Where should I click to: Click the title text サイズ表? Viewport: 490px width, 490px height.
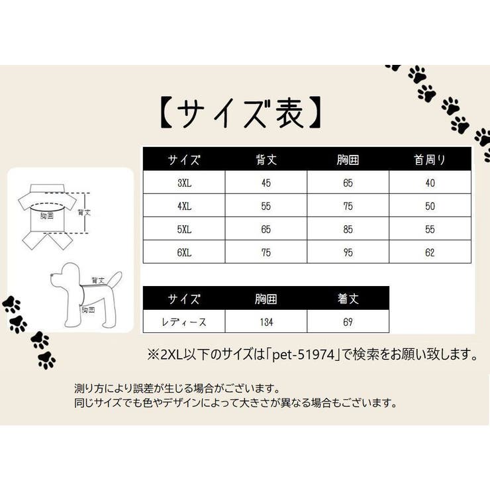(242, 114)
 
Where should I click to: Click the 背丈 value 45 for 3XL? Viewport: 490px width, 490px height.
(266, 183)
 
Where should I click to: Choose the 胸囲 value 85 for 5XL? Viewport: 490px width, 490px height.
(348, 229)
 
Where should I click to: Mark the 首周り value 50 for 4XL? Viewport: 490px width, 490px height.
(430, 206)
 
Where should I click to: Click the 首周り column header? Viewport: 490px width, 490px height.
(430, 160)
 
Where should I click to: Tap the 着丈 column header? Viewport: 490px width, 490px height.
(348, 299)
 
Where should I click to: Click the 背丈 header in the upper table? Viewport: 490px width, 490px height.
(266, 160)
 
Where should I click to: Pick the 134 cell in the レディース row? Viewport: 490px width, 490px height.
(266, 322)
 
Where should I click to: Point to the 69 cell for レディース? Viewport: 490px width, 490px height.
(348, 322)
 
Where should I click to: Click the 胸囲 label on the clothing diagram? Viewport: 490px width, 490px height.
(47, 216)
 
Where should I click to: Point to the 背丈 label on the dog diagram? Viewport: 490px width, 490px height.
(99, 280)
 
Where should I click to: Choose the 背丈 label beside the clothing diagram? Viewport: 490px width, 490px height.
(84, 213)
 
